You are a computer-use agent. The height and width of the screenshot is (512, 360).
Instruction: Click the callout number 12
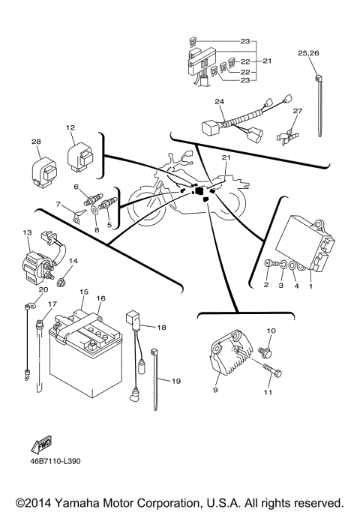[x=70, y=127]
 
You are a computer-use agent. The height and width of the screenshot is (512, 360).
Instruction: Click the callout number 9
[x=216, y=390]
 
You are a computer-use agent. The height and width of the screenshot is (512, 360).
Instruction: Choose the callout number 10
[x=271, y=331]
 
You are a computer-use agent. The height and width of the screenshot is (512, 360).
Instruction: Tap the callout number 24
[x=219, y=101]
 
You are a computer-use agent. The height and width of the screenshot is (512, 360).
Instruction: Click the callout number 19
[x=175, y=382]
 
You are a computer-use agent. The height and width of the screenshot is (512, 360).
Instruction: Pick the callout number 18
[x=161, y=328]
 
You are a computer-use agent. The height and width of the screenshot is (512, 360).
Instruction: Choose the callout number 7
[x=58, y=204]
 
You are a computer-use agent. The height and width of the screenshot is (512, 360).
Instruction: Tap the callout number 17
[x=52, y=304]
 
